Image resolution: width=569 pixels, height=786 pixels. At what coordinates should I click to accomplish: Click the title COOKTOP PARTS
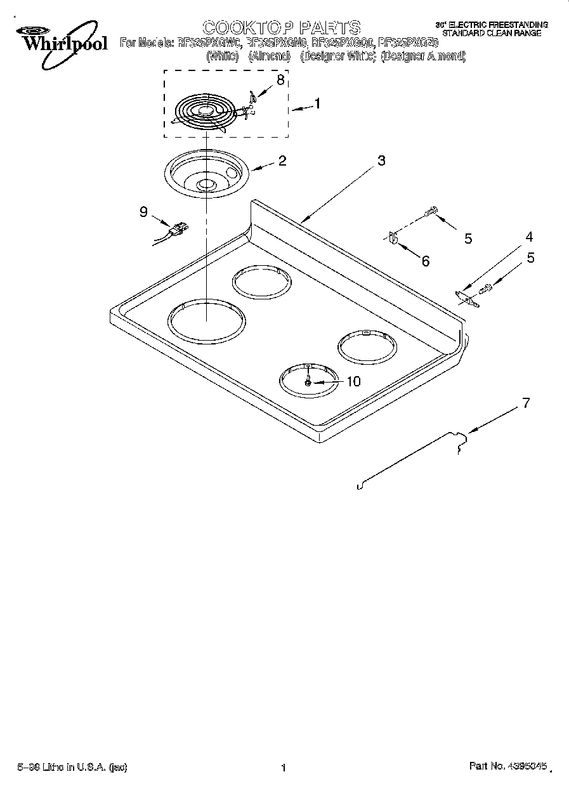point(281,27)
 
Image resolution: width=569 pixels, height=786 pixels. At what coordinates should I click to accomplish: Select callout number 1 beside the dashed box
point(317,104)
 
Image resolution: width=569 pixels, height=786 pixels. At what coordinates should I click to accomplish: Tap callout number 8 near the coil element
point(280,80)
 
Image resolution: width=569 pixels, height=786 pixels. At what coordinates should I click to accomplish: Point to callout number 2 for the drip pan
point(282,160)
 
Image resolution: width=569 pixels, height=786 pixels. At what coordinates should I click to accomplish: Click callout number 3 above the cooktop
point(381,160)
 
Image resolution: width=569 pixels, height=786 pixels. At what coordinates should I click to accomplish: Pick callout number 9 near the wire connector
point(143,212)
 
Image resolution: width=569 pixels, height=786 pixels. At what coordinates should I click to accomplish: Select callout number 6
point(425,261)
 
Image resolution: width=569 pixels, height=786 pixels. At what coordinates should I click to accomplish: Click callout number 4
point(528,237)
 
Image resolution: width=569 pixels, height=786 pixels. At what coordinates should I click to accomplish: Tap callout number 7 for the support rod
point(524,402)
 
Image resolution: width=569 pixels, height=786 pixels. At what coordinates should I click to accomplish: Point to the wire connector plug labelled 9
point(178,230)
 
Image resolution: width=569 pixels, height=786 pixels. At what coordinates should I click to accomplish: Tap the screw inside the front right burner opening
point(308,383)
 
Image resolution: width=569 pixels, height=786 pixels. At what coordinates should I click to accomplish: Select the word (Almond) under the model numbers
point(269,56)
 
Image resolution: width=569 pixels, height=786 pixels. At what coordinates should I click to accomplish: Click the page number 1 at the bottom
point(284,768)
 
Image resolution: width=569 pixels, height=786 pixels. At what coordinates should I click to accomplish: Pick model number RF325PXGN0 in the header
point(277,43)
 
